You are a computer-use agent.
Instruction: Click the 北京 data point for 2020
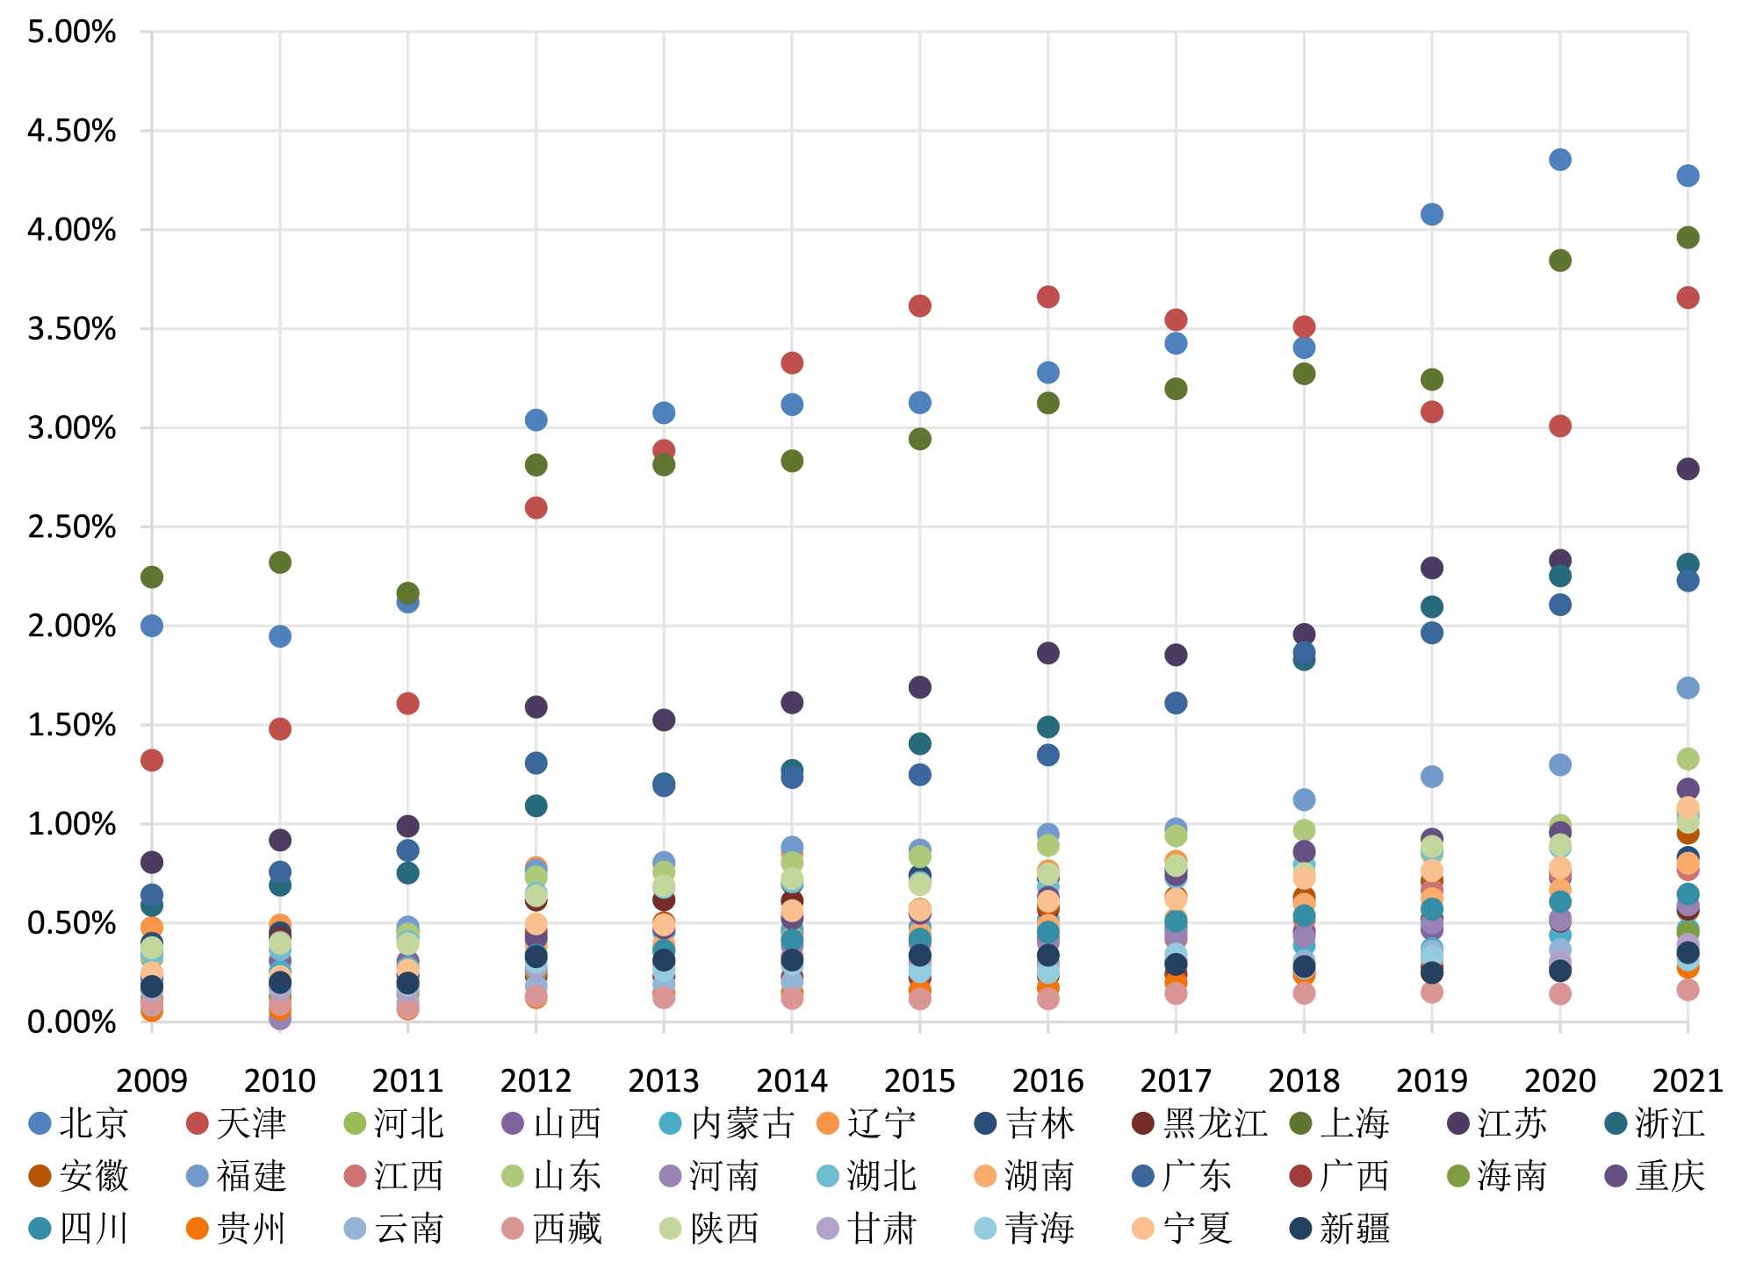(x=1559, y=160)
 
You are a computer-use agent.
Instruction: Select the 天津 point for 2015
(x=919, y=305)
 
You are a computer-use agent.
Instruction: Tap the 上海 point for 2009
(x=152, y=577)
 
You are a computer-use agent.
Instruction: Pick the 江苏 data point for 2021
(x=1688, y=469)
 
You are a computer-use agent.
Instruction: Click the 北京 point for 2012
(x=536, y=419)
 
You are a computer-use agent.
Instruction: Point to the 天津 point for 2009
(x=152, y=760)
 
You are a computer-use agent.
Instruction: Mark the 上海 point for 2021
(x=1688, y=237)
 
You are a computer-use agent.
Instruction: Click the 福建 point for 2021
(x=1688, y=688)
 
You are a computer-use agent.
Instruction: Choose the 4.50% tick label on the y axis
(x=72, y=131)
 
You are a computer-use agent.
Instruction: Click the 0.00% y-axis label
(x=72, y=1022)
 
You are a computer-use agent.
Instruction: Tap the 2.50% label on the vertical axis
(x=72, y=527)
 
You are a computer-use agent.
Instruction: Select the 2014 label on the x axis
(x=791, y=1079)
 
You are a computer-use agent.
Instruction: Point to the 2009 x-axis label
(x=152, y=1079)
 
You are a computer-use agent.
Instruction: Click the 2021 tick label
(x=1688, y=1079)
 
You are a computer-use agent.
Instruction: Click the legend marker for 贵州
(x=198, y=1229)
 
